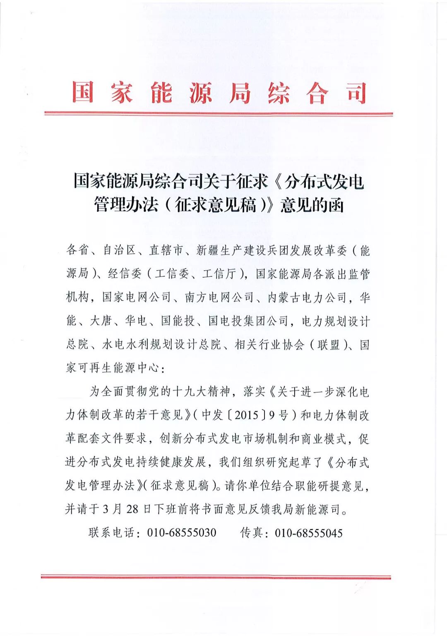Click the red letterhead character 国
83,92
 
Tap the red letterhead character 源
201,92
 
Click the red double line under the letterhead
219,113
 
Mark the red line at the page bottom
216,576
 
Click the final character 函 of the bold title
335,205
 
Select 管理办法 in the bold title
126,205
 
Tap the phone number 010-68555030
182,533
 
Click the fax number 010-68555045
309,533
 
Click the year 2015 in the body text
247,415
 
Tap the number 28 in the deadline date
132,509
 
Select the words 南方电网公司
219,297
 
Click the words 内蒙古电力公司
307,297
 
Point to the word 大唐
101,321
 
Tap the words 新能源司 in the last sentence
318,509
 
